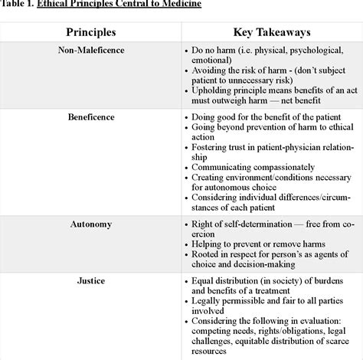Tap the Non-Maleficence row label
click(x=90, y=51)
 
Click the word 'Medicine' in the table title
click(x=179, y=5)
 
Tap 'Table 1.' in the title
click(x=16, y=5)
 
